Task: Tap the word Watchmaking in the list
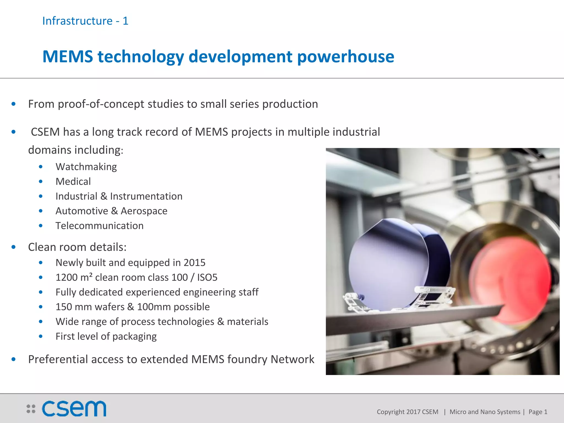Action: click(x=86, y=167)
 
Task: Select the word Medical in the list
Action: click(x=73, y=181)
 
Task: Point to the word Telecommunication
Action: click(x=99, y=226)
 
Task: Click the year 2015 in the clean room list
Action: click(x=194, y=263)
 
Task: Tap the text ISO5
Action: click(x=207, y=277)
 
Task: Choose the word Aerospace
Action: click(x=144, y=211)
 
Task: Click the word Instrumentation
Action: click(x=146, y=196)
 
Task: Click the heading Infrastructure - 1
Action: click(x=85, y=21)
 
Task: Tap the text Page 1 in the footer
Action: click(x=538, y=412)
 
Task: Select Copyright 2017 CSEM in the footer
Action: click(x=407, y=412)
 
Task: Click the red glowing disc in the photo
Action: click(x=509, y=278)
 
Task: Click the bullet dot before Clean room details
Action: click(x=13, y=247)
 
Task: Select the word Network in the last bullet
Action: click(x=292, y=359)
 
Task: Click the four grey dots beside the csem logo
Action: click(x=31, y=409)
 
